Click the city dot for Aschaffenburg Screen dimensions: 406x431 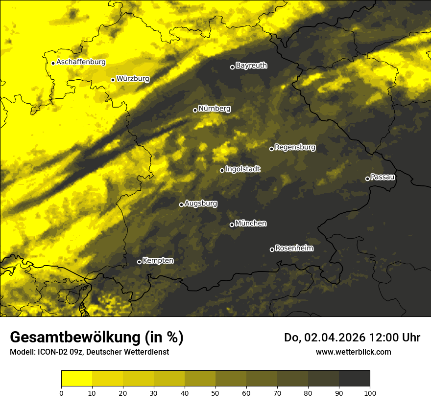pyautogui.click(x=53, y=63)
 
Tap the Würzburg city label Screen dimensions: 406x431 pyautogui.click(x=133, y=78)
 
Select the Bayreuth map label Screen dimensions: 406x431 pyautogui.click(x=251, y=65)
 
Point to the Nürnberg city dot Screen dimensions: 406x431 pyautogui.click(x=195, y=110)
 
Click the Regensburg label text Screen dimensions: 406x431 pyautogui.click(x=295, y=147)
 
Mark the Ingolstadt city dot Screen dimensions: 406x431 pyautogui.click(x=222, y=170)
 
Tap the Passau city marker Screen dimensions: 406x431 pyautogui.click(x=367, y=179)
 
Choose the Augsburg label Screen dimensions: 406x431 pyautogui.click(x=201, y=203)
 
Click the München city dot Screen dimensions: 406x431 pyautogui.click(x=232, y=225)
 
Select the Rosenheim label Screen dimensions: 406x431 pyautogui.click(x=294, y=248)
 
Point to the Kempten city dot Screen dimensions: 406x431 pyautogui.click(x=139, y=262)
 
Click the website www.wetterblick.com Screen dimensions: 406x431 pyautogui.click(x=353, y=352)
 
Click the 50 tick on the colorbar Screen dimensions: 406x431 pyautogui.click(x=215, y=392)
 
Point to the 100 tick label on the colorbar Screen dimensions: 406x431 pyautogui.click(x=370, y=392)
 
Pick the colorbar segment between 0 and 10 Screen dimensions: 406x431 pyautogui.click(x=77, y=378)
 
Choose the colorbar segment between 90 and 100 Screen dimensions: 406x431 pyautogui.click(x=354, y=378)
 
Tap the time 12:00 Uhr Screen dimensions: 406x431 pyautogui.click(x=398, y=338)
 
